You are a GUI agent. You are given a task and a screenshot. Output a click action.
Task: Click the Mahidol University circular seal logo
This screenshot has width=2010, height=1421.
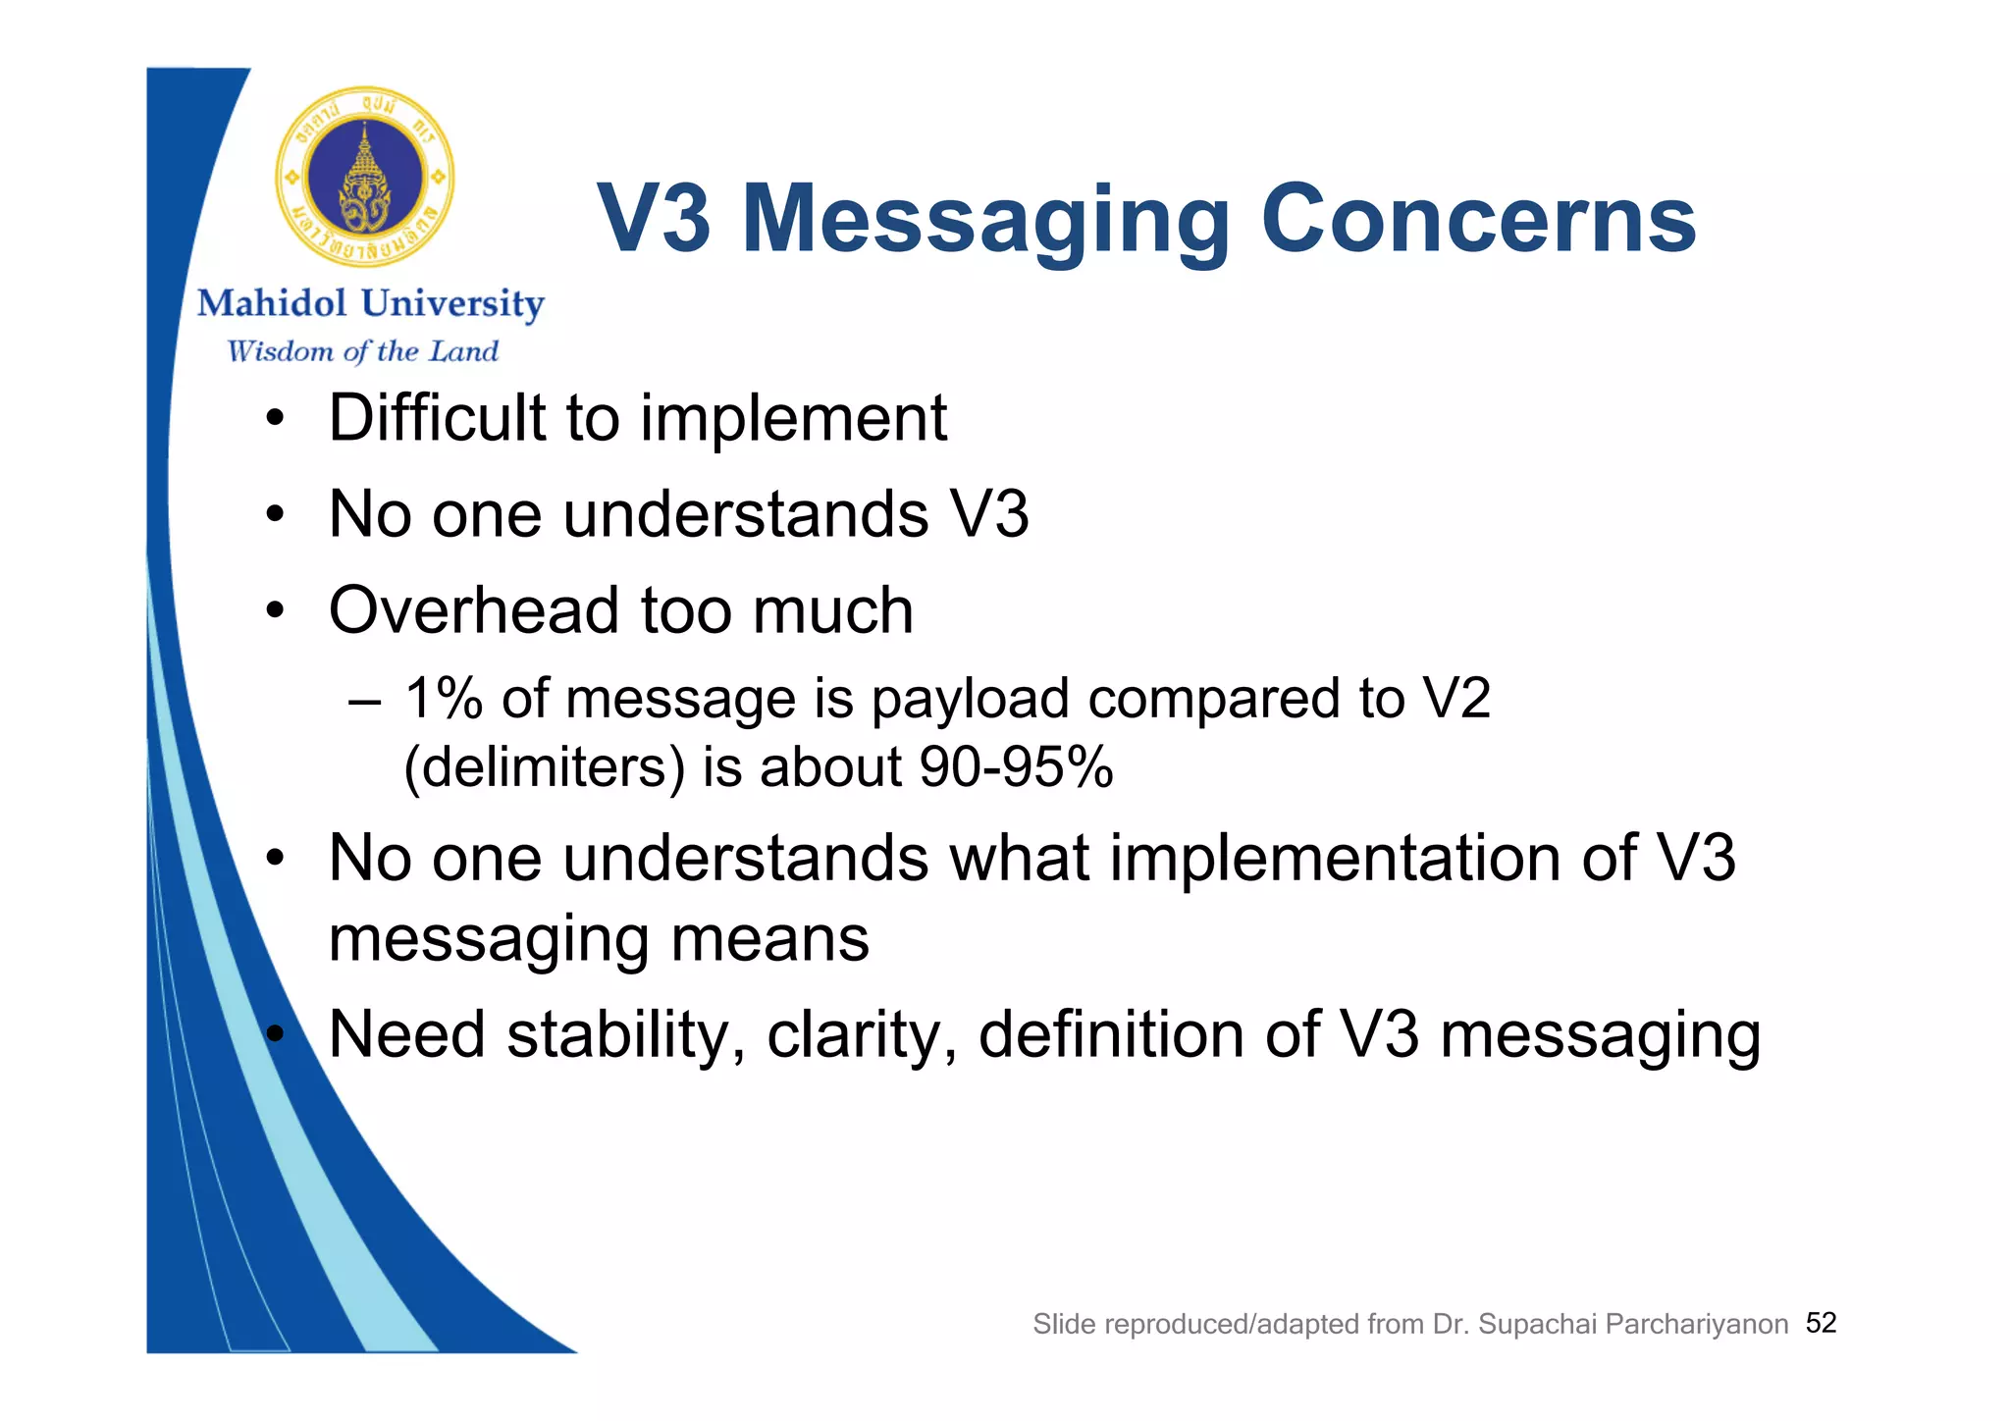coord(365,177)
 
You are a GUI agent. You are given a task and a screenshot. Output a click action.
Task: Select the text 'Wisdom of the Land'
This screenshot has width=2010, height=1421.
coord(362,351)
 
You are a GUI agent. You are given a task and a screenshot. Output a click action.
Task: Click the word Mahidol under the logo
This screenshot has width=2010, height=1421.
coord(272,304)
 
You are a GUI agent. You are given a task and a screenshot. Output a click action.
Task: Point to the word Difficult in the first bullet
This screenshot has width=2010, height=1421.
coord(436,418)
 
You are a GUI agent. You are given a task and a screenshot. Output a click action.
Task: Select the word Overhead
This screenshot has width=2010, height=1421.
coord(474,610)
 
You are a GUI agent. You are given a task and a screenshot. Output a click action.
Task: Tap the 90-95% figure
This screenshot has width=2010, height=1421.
coord(1016,767)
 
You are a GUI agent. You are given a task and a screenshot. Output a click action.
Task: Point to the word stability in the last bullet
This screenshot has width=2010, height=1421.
coord(625,1036)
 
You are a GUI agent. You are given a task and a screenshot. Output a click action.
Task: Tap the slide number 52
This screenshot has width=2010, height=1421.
coord(1821,1324)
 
